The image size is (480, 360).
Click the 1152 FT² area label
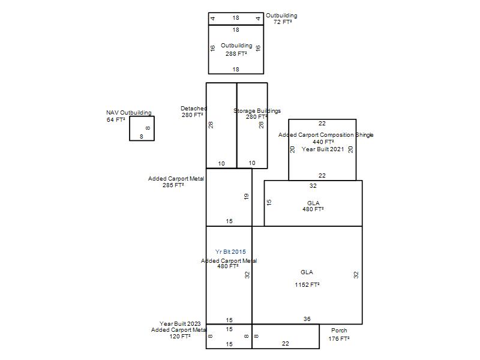coord(307,284)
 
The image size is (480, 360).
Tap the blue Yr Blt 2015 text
coord(230,251)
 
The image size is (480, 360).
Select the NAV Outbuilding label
coord(129,113)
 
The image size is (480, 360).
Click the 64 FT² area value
coord(116,119)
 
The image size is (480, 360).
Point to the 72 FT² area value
coord(283,22)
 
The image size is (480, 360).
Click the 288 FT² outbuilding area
coord(236,53)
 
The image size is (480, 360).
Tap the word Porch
coord(339,331)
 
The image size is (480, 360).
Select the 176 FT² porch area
coord(339,338)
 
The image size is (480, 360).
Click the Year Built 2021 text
coord(323,149)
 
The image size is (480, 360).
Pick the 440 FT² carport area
coord(323,142)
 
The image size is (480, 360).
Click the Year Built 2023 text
coord(180,323)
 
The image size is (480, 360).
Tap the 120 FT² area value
coord(180,336)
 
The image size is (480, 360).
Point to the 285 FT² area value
coord(173,185)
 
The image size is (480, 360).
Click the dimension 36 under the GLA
coord(307,319)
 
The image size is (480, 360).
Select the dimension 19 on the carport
coord(247,197)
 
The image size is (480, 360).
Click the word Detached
coord(194,109)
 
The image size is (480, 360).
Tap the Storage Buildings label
coord(257,111)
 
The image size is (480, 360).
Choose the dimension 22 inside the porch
coord(286,343)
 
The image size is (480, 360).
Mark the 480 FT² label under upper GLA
coord(313,209)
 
